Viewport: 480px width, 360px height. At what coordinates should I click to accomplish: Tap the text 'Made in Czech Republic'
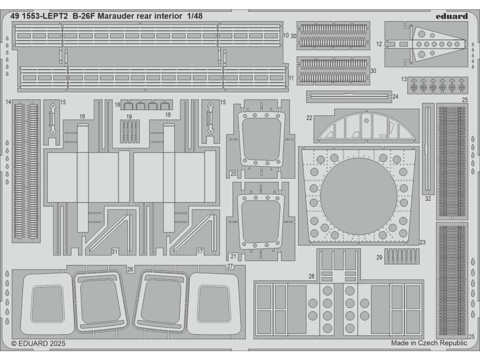point(429,343)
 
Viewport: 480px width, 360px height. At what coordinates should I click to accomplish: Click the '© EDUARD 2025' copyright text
point(38,344)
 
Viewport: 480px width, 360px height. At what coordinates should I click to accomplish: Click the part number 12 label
point(379,44)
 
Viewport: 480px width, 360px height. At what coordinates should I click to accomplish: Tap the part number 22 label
point(309,118)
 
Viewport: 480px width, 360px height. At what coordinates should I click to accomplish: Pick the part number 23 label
point(422,242)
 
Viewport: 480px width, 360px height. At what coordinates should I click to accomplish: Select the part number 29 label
point(379,257)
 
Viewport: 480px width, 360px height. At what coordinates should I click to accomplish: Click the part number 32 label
point(428,198)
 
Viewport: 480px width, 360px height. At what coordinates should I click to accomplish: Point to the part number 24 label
point(395,97)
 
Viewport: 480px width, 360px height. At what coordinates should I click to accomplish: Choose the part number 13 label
point(404,79)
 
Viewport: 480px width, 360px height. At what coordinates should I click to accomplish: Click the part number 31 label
point(114,252)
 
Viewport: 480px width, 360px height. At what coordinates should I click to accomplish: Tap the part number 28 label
point(312,276)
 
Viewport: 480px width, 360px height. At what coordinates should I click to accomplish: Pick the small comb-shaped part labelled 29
point(402,256)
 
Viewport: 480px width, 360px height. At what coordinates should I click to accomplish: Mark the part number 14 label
point(8,102)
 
